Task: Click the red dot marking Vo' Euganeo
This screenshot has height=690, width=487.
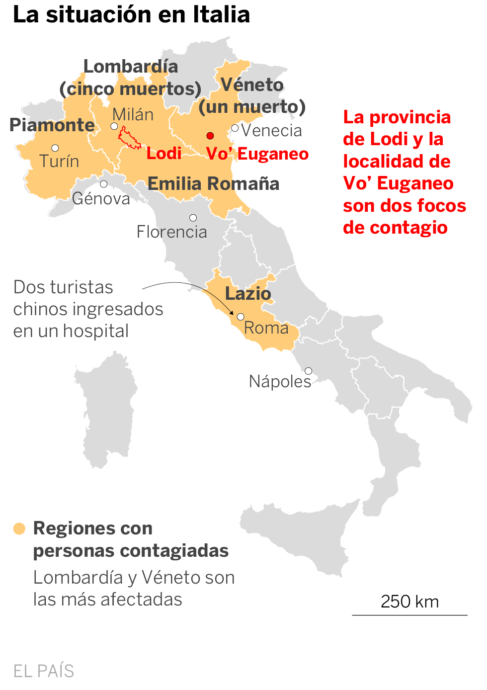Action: (x=210, y=136)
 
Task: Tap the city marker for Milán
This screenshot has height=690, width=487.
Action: (x=114, y=126)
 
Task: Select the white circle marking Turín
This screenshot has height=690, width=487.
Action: (x=55, y=148)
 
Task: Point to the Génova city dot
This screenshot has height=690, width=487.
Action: (x=103, y=184)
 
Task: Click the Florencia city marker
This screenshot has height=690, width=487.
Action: (x=193, y=218)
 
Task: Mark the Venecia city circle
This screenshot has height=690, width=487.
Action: (x=235, y=128)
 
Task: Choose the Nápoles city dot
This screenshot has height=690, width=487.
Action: (x=308, y=371)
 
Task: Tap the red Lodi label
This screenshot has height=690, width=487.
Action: (x=164, y=154)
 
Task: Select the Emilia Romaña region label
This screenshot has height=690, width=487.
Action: (x=213, y=184)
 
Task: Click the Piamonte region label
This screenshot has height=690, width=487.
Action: (x=52, y=125)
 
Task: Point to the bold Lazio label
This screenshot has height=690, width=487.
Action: (x=248, y=294)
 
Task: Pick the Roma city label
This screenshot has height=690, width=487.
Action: (x=266, y=328)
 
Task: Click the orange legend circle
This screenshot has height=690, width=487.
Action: (x=19, y=528)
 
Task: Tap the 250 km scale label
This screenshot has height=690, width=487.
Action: (x=409, y=602)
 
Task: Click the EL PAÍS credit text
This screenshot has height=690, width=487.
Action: (x=44, y=671)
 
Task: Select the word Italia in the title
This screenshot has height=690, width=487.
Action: (x=221, y=15)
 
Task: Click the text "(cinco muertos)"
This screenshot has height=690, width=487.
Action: (x=130, y=89)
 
